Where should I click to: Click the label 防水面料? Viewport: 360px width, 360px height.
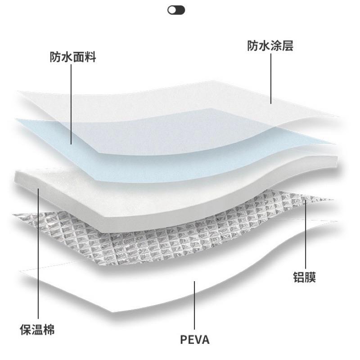(x=73, y=57)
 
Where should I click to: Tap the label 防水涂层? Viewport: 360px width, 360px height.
(x=270, y=45)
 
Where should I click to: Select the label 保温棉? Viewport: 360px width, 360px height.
(x=37, y=329)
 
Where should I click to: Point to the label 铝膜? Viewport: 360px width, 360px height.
(x=305, y=277)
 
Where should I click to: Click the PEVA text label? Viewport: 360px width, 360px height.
(x=195, y=340)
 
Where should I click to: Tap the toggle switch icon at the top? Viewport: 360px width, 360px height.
(x=176, y=10)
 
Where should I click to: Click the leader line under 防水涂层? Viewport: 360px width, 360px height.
(x=271, y=78)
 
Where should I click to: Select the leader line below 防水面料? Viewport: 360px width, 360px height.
(x=71, y=104)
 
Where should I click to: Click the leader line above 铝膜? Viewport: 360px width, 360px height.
(x=306, y=234)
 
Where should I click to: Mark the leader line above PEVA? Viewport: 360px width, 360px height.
(x=194, y=306)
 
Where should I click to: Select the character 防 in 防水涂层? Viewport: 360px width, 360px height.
(x=253, y=45)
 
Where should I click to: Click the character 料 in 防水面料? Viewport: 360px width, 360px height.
(x=90, y=57)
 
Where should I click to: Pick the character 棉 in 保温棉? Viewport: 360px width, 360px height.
(x=49, y=329)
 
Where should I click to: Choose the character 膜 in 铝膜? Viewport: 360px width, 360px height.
(x=310, y=277)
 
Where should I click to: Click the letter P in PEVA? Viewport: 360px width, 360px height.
(x=184, y=340)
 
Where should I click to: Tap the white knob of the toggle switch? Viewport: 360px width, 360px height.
(x=172, y=10)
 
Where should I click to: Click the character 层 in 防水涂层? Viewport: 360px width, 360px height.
(x=288, y=45)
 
